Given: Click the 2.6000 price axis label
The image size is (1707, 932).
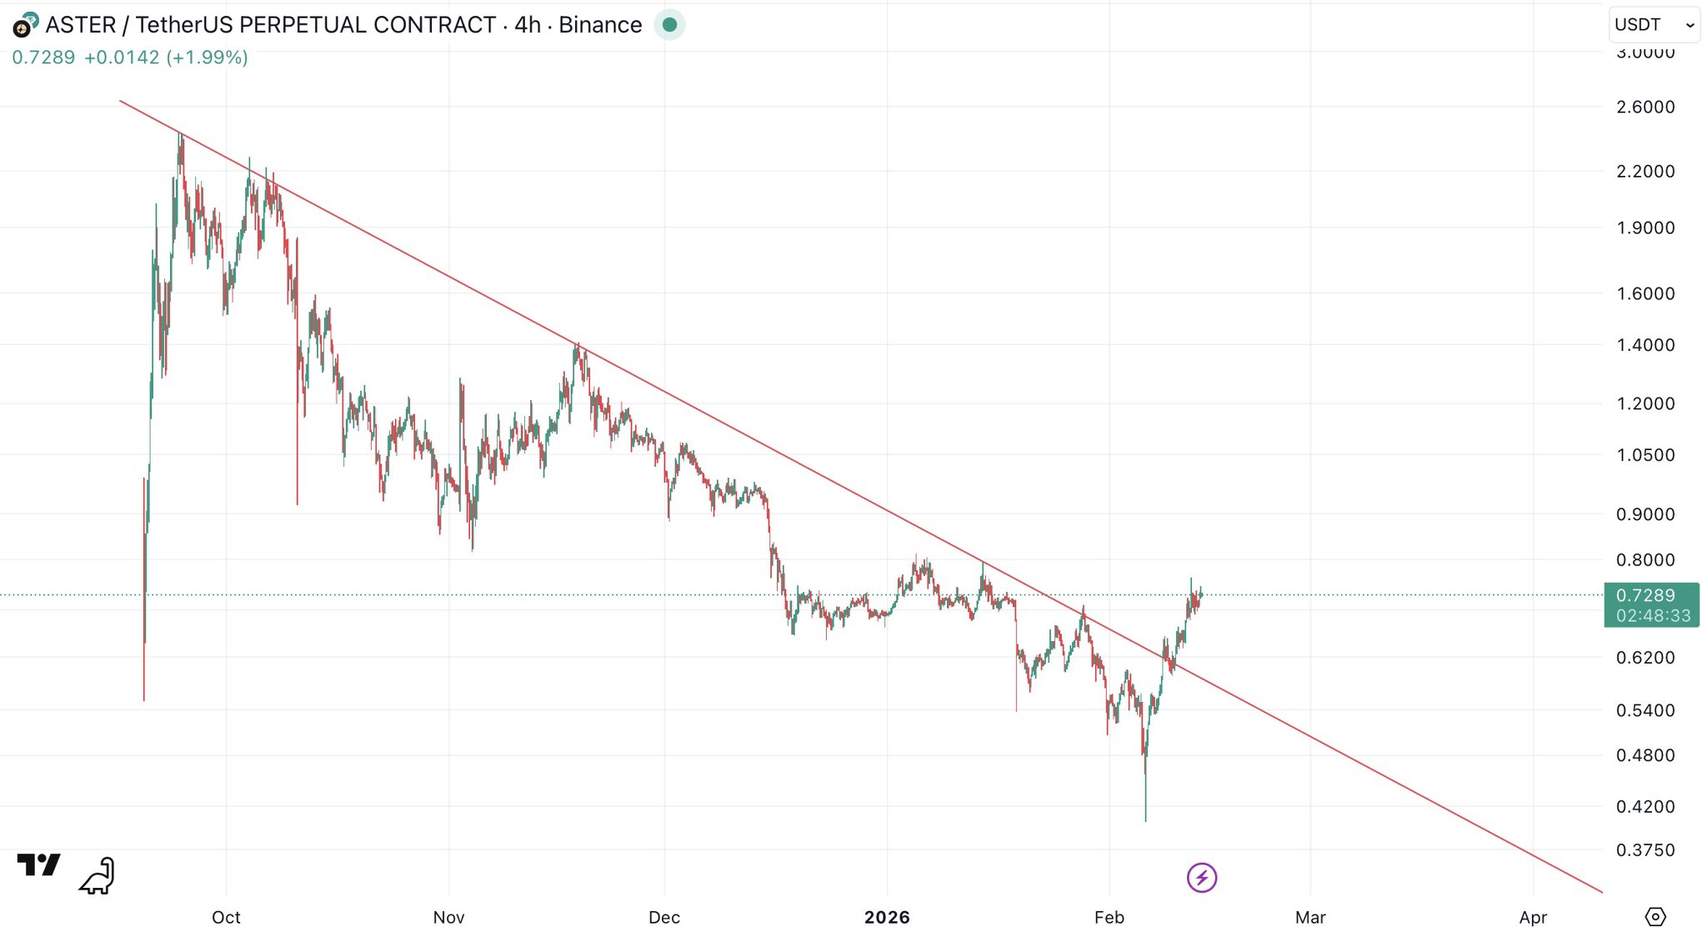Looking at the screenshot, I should [1644, 107].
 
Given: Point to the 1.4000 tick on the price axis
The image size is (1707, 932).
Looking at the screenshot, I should [1644, 345].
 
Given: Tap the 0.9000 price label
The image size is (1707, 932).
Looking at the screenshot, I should [1644, 514].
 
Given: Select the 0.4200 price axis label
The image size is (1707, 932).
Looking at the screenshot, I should [1644, 806].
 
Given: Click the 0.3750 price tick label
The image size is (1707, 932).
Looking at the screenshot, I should [1644, 850].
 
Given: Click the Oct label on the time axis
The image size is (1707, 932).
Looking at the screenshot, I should [226, 917].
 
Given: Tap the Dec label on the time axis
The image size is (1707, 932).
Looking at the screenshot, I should [664, 917].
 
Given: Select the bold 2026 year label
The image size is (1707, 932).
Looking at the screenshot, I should [887, 917].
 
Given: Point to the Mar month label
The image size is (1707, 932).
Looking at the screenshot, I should [1310, 917].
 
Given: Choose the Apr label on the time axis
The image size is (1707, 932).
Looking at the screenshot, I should [1533, 917].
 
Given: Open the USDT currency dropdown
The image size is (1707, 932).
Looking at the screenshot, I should [1653, 25].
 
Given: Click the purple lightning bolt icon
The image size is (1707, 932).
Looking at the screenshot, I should [1202, 877].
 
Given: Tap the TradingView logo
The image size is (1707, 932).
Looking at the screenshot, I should [38, 865].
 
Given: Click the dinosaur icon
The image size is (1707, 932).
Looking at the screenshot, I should [98, 875].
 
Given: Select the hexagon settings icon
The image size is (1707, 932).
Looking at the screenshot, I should [1655, 916].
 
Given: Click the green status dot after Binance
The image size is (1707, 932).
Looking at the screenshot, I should [669, 25].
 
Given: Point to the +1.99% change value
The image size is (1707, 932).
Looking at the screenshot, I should [207, 58].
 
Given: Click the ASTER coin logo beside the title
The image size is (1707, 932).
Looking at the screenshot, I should [25, 26].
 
